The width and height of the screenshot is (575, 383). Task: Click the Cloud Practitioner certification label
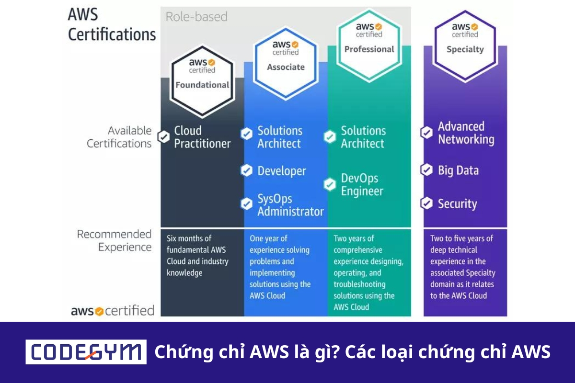click(202, 137)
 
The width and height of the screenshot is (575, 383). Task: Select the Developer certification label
click(281, 171)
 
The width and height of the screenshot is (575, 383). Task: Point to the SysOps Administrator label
click(290, 205)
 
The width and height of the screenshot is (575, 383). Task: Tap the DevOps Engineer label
click(362, 185)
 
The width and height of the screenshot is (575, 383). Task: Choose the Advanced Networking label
click(466, 133)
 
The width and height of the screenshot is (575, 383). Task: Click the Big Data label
click(458, 170)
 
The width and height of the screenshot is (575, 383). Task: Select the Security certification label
click(457, 204)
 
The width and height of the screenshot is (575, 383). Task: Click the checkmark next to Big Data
click(426, 170)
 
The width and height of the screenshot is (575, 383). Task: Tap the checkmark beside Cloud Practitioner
click(164, 137)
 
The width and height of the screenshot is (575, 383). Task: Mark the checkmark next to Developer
click(246, 170)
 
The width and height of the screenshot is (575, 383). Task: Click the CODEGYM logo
click(86, 352)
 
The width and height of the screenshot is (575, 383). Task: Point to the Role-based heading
click(196, 17)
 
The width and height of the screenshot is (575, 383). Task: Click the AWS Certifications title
click(112, 25)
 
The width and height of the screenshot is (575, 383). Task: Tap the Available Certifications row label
click(119, 137)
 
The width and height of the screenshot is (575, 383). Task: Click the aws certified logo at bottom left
click(113, 311)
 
